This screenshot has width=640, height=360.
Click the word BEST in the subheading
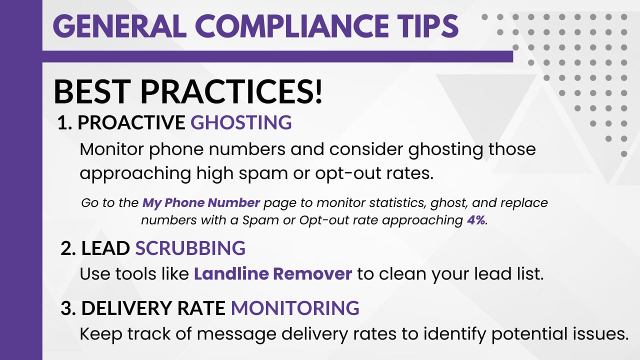[91, 92]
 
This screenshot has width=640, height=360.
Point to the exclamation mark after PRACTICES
[318, 92]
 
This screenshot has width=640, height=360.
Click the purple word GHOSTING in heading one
[241, 122]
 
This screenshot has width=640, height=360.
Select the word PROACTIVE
[131, 122]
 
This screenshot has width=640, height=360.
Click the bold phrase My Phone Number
[201, 202]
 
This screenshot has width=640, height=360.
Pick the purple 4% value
[476, 220]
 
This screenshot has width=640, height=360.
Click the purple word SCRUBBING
[190, 247]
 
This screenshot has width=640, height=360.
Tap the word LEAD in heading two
[105, 247]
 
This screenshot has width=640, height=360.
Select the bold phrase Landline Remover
[273, 273]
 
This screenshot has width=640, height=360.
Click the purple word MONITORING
[295, 307]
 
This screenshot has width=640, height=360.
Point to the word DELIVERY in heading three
[126, 307]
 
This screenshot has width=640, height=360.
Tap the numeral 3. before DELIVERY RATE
[68, 307]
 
